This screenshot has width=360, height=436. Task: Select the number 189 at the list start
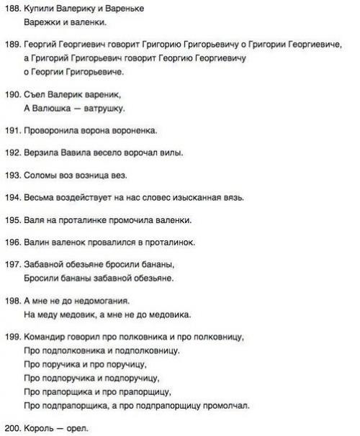(x=12, y=45)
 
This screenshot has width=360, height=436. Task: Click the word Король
(x=40, y=429)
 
